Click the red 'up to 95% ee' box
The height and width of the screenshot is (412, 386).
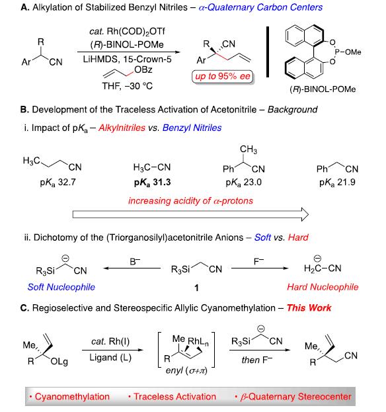click(x=222, y=77)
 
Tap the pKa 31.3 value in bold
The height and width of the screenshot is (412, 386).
click(x=152, y=183)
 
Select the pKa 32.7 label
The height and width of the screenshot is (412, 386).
click(x=58, y=183)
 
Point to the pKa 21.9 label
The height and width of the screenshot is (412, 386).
click(x=337, y=183)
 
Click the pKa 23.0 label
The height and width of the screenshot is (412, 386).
click(x=243, y=183)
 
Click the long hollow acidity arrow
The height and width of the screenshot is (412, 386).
click(x=190, y=214)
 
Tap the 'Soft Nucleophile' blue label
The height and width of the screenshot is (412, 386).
click(x=61, y=287)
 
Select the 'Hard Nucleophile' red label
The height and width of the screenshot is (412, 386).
click(x=323, y=287)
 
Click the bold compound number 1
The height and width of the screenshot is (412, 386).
click(x=196, y=288)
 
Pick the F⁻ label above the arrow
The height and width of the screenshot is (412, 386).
click(x=258, y=261)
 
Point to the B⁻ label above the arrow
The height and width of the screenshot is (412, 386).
click(x=135, y=261)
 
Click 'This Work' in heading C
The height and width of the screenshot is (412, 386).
click(x=309, y=308)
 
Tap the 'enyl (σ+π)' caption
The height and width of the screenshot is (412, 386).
click(x=186, y=371)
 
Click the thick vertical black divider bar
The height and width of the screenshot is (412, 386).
click(x=268, y=52)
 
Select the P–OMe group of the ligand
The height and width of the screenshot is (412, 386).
click(x=348, y=52)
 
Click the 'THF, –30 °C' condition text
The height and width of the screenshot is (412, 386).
click(x=128, y=86)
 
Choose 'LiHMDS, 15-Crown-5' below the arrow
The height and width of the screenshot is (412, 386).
click(x=127, y=59)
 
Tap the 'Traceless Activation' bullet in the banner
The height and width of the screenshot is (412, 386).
click(x=173, y=397)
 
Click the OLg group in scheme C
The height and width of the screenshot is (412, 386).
click(x=59, y=362)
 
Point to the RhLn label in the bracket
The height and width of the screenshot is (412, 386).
click(x=198, y=342)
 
